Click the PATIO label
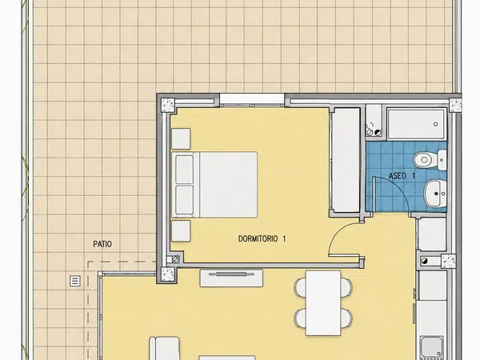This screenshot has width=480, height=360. click(102, 244)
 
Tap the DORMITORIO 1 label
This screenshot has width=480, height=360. click(262, 238)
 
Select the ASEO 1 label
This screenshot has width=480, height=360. click(402, 176)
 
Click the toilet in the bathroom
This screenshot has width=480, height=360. click(430, 159)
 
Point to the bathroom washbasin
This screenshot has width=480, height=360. click(435, 194)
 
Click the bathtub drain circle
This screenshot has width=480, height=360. click(436, 124)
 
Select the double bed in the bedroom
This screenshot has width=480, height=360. click(214, 185)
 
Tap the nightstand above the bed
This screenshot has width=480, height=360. click(181, 138)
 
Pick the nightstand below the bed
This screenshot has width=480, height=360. click(181, 231)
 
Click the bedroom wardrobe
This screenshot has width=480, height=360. click(346, 160)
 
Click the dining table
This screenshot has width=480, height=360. click(323, 302)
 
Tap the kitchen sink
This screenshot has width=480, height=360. click(432, 348)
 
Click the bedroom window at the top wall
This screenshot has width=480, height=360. click(252, 101)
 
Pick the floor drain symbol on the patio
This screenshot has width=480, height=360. click(75, 281)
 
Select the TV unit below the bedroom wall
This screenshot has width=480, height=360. click(231, 278)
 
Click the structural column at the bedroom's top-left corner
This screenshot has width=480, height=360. click(168, 105)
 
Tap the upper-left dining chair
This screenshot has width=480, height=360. click(300, 287)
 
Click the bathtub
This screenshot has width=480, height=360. click(416, 124)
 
